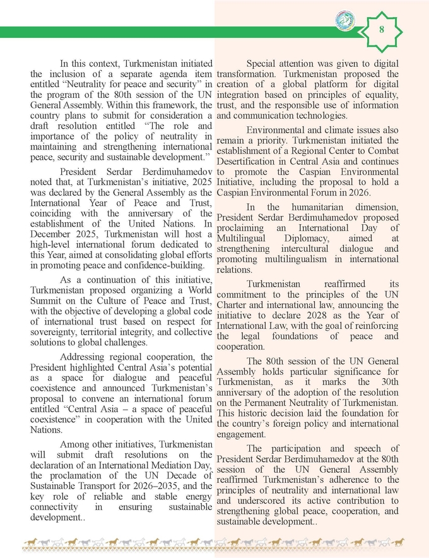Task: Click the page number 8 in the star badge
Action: tap(382, 30)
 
